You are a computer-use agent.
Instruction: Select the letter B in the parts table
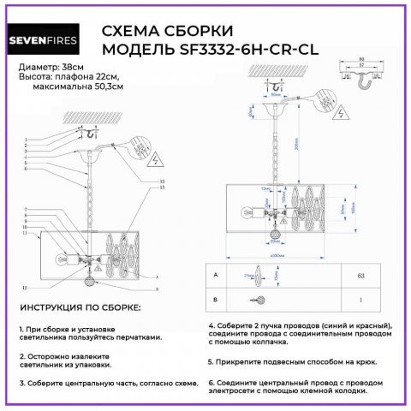216,299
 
